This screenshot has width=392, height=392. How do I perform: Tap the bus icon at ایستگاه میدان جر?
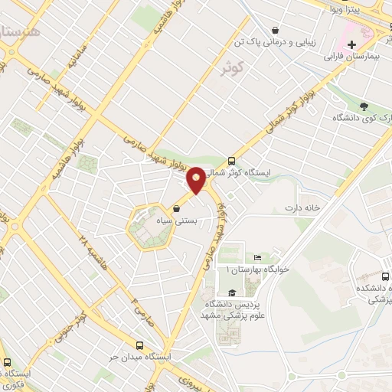coord(139,346)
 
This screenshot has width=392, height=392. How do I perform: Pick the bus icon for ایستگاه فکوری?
coord(7,362)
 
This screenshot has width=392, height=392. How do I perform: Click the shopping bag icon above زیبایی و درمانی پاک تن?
coord(275,30)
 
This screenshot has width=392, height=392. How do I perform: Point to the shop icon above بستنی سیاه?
coord(177,207)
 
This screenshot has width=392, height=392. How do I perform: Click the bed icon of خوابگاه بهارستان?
coord(257,257)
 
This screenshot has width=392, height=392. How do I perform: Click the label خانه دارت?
coord(300,207)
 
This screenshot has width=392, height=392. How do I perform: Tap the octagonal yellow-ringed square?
coord(148,227)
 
